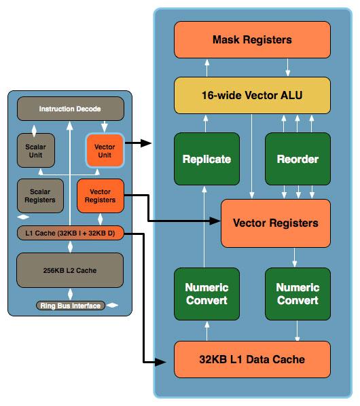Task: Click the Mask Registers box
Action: click(x=252, y=39)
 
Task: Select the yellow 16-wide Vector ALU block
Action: click(x=252, y=95)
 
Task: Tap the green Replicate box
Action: click(x=206, y=159)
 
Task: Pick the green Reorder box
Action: click(x=298, y=159)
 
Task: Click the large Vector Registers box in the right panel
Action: click(x=276, y=223)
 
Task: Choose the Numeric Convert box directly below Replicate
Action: click(x=206, y=294)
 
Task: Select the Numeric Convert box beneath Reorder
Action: click(x=298, y=294)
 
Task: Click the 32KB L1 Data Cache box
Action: click(x=252, y=359)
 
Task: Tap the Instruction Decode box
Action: click(x=71, y=109)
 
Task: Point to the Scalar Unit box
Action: click(x=36, y=151)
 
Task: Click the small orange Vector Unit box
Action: click(x=105, y=151)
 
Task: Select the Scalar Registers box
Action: click(x=40, y=196)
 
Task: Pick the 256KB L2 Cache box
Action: click(x=70, y=270)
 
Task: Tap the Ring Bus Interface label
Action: click(x=71, y=306)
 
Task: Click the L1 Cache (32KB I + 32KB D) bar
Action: click(x=70, y=233)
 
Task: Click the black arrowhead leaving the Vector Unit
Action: click(x=146, y=143)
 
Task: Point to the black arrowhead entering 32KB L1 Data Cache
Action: click(x=160, y=362)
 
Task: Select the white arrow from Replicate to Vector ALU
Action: click(x=206, y=124)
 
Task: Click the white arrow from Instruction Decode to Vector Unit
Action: click(x=105, y=126)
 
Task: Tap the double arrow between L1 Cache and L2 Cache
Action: click(x=70, y=246)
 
